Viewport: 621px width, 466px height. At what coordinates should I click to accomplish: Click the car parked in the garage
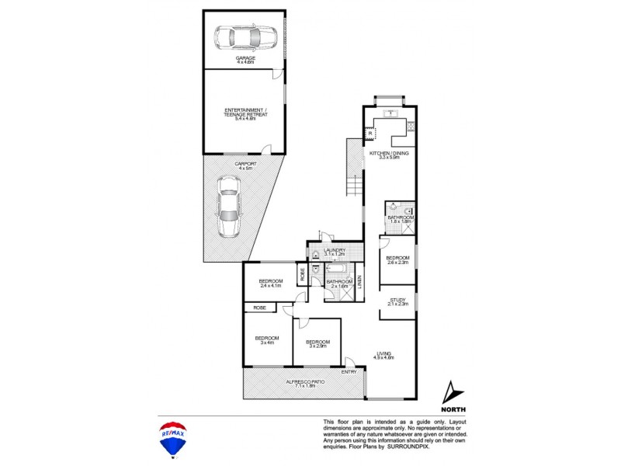245,37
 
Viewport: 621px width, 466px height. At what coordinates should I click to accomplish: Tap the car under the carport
230,206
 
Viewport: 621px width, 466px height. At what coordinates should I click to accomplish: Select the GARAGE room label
245,57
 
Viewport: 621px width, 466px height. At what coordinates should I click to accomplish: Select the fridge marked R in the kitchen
371,134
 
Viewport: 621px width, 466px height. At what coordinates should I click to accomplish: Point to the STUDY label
397,301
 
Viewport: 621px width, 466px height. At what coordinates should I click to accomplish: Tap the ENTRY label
349,371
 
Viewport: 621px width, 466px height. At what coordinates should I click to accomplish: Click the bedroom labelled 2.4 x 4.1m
270,283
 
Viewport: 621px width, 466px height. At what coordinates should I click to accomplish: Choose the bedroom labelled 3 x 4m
267,339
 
